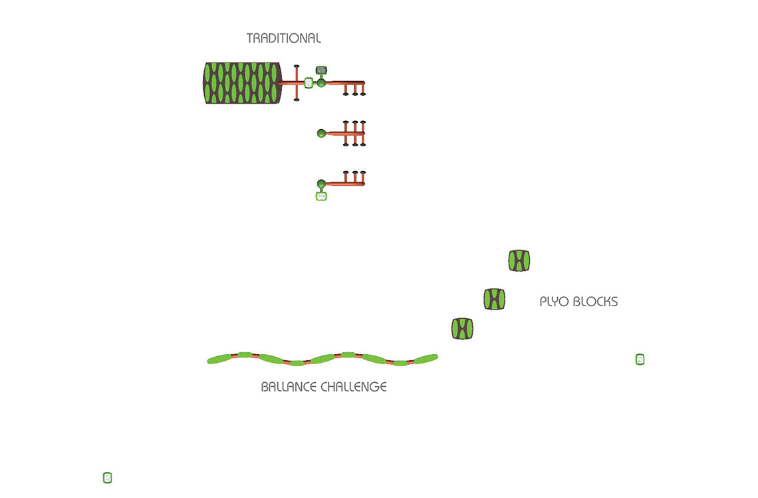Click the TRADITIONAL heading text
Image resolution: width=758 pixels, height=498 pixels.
(283, 39)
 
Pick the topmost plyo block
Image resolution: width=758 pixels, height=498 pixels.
(519, 260)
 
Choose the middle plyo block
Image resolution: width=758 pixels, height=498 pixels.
(494, 299)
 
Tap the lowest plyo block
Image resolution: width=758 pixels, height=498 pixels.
(462, 328)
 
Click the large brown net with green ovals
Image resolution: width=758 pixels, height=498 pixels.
(242, 83)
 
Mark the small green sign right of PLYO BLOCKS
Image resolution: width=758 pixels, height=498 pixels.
(640, 360)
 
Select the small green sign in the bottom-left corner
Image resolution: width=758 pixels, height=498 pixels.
(107, 477)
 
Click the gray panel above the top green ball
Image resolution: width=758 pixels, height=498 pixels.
(321, 70)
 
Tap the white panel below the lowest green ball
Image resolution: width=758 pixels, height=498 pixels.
(321, 196)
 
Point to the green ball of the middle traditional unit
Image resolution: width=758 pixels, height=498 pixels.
(321, 133)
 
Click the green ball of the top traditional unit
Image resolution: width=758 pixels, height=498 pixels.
(321, 83)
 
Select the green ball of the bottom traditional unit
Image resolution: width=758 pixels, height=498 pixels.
(321, 183)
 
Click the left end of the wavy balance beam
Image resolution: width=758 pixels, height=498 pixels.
(212, 361)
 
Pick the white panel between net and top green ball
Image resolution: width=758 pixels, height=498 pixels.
(309, 83)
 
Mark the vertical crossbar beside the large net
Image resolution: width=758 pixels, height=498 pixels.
(297, 83)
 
